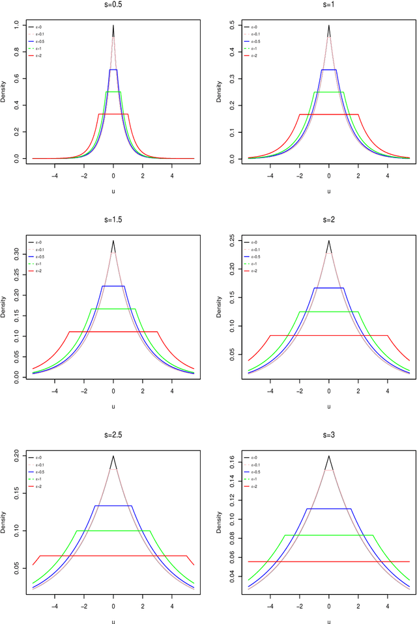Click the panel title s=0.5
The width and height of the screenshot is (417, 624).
coord(113,5)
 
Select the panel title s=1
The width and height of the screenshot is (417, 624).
coord(328,5)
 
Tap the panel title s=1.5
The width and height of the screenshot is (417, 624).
coord(113,219)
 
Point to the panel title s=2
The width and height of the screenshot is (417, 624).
coord(328,219)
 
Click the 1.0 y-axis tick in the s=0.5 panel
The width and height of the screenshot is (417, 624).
coord(16,25)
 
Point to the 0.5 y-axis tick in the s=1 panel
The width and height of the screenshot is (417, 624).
coord(231,25)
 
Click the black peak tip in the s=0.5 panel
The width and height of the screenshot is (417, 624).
coord(113,26)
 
